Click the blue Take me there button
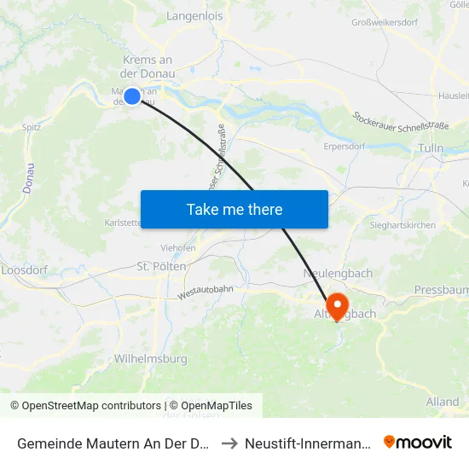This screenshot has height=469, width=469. pos(234,209)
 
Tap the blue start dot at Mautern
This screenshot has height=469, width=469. pos(132,96)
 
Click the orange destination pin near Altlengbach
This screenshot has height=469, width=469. pos(336,305)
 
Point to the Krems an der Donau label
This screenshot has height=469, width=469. pos(148,67)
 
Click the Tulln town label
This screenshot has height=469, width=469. pos(431,148)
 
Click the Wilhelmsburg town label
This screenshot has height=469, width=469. pos(151,359)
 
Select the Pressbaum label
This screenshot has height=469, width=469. pos(441,290)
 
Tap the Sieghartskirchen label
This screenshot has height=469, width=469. pos(403,226)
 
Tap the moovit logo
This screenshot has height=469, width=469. pos(418,443)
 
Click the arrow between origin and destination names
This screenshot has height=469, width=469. pos(230,443)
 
